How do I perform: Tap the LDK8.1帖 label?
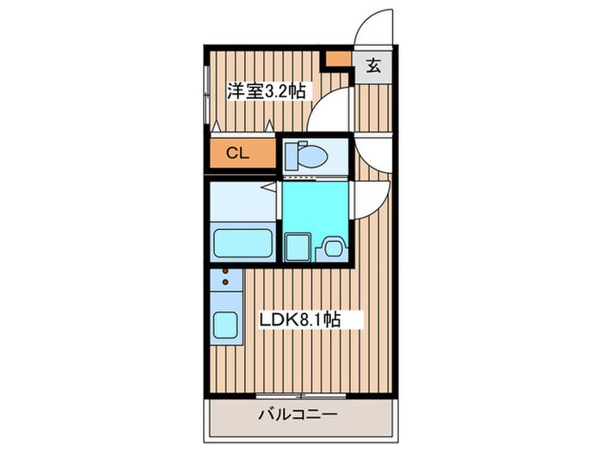tap(301, 319)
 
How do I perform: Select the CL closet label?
tap(237, 154)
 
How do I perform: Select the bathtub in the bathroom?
tap(241, 244)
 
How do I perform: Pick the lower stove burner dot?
tap(226, 281)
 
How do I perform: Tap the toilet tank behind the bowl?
tap(291, 154)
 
